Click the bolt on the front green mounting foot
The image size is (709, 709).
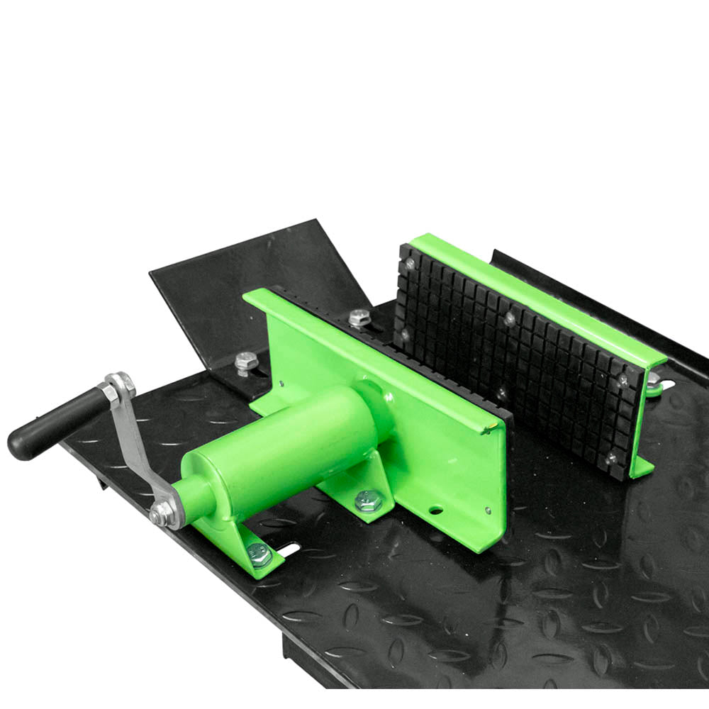pyautogui.click(x=260, y=555)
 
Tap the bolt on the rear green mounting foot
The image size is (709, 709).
pyautogui.click(x=368, y=501)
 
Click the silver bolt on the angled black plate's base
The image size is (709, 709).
pyautogui.click(x=245, y=362)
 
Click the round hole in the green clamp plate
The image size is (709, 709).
pyautogui.click(x=435, y=509)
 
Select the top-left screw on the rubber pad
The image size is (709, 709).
pyautogui.click(x=409, y=264)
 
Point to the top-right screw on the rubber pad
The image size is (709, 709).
pyautogui.click(x=623, y=379)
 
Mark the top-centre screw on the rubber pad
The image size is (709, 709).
pyautogui.click(x=509, y=318)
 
